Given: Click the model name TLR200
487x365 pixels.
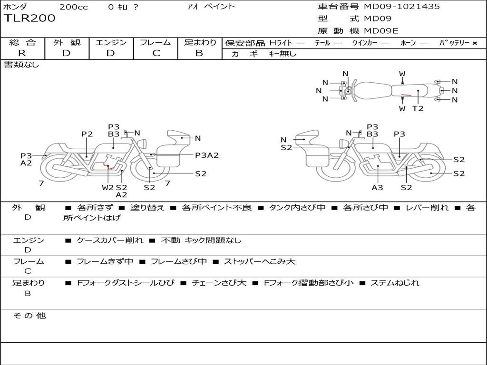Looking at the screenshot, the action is coord(29,19).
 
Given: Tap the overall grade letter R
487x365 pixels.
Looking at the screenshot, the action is coord(22,53).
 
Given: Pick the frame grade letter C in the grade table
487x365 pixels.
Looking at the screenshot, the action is coord(156,53).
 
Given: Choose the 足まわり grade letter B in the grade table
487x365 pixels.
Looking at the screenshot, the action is coord(199,53).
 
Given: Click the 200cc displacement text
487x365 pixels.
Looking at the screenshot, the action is coord(73,7).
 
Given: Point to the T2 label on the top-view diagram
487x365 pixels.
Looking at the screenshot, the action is coord(418,108).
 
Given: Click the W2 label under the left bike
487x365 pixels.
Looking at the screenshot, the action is coord(108,187).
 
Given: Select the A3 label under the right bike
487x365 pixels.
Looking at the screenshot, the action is coord(377,187).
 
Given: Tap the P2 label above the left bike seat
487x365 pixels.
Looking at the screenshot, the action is coord(87,134).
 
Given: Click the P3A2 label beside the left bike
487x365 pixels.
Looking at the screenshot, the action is coord(207,155).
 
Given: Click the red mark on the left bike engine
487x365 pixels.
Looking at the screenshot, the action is coord(109,167).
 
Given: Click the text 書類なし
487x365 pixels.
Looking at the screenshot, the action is coord(21,65).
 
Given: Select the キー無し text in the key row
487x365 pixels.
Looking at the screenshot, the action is coord(282,54).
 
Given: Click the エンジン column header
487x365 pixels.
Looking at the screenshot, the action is coord(111,42).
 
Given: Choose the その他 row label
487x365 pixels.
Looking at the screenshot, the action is coord(29,316).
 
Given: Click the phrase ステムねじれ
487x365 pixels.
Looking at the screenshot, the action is coord(395,283).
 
